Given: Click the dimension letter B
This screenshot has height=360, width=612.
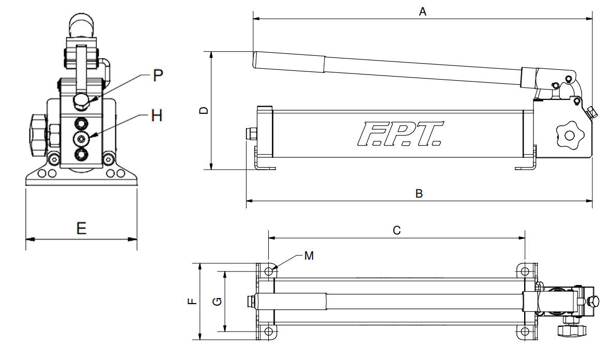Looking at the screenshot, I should tap(419, 193).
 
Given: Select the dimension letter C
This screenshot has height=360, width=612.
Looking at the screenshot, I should tap(397, 231).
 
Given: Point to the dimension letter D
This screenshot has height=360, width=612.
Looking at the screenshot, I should tap(204, 110).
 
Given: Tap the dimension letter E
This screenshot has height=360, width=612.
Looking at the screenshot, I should tap(81, 229).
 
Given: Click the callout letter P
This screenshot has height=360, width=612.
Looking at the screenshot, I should tap(158, 76).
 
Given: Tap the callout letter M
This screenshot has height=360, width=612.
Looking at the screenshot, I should tap(309, 255).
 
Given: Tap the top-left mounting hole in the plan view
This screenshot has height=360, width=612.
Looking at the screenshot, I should tap(269, 271).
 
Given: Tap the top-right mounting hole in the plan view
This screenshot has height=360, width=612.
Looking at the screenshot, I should tap(525, 271).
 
